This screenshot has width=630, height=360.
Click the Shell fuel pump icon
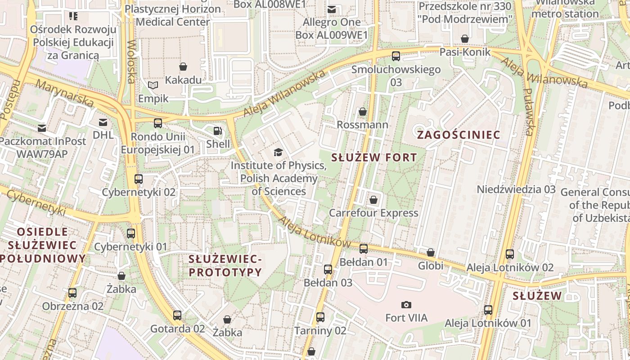click(218, 131)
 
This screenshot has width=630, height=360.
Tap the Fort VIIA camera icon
click(406, 305)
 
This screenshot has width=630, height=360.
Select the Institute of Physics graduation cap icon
click(278, 152)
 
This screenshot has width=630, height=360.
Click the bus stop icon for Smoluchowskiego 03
click(396, 56)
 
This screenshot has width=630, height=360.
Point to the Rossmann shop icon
click(362, 112)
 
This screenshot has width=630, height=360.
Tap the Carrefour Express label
click(373, 213)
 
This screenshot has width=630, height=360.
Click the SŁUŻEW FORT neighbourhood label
click(374, 157)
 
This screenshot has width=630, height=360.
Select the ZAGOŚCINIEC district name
click(459, 135)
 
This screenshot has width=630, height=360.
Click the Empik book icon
click(153, 85)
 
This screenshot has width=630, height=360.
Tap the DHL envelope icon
click(103, 122)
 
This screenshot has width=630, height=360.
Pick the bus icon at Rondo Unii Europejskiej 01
click(157, 123)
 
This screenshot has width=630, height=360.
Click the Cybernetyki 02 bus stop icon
click(138, 179)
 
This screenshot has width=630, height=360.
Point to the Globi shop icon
click(431, 253)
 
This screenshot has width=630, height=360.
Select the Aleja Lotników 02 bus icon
click(510, 254)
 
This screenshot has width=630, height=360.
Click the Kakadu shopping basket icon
click(183, 67)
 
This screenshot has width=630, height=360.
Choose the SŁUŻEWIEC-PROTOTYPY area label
click(225, 265)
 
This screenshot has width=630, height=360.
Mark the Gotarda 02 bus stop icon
click(177, 315)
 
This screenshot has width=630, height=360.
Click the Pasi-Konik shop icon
click(465, 39)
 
